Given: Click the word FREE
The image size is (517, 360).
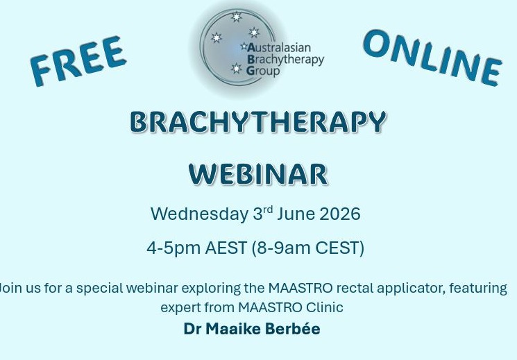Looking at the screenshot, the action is point(78,61).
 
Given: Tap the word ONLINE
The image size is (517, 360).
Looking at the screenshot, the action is point(432,58).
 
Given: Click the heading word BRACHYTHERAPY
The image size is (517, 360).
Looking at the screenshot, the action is point(258,122).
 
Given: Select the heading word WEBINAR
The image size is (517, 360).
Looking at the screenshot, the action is point(258,173).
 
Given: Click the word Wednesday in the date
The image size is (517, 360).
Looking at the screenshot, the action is point(199,214).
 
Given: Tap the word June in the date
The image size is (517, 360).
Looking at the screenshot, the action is point(296,214).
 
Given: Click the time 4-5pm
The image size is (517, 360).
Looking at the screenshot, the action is point(173,248).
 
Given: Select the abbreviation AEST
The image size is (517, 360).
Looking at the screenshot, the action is point(226,248).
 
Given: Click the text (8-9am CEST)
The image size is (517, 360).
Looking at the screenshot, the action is point(308,248).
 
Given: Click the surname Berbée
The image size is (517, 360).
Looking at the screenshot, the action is point(292,329).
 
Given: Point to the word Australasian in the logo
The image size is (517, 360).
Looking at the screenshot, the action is point(279,48).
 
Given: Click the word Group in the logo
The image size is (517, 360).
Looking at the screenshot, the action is point(263,71).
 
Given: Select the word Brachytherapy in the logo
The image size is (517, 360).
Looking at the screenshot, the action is point(285,60).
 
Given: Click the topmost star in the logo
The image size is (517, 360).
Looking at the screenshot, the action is point(236,17).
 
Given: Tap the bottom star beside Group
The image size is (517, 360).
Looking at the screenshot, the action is point(236,69).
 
